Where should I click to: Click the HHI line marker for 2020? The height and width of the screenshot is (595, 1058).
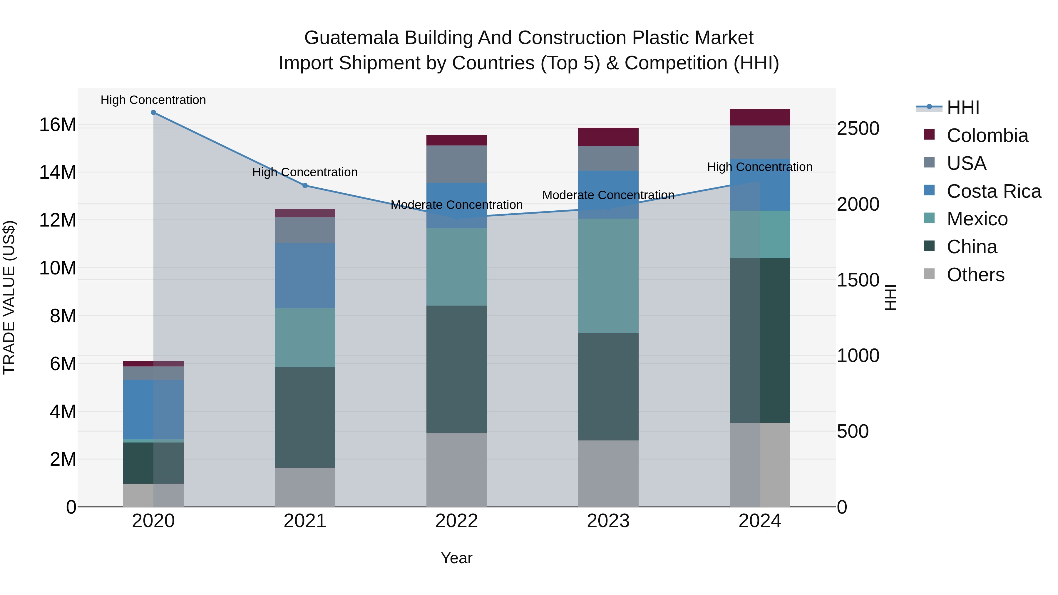[x=153, y=112]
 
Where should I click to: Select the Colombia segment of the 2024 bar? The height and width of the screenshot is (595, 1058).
[x=759, y=117]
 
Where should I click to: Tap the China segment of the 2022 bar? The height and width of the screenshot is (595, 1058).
[x=456, y=369]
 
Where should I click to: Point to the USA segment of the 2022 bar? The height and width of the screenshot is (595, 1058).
[x=456, y=164]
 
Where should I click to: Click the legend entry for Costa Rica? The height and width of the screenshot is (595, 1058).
[x=994, y=191]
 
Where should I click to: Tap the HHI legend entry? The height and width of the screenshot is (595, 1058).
[x=963, y=108]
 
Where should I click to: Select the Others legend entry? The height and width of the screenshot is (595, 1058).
[x=975, y=275]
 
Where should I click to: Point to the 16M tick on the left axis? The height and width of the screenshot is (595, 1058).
[x=58, y=124]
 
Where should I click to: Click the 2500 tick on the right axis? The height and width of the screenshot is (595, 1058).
[x=858, y=128]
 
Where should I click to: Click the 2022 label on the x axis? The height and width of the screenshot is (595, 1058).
[x=456, y=521]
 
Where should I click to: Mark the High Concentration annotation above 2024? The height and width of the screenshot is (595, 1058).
[x=759, y=167]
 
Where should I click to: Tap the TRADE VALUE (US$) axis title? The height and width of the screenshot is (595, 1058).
[x=9, y=297]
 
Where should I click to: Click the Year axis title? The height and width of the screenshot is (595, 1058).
[x=456, y=558]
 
